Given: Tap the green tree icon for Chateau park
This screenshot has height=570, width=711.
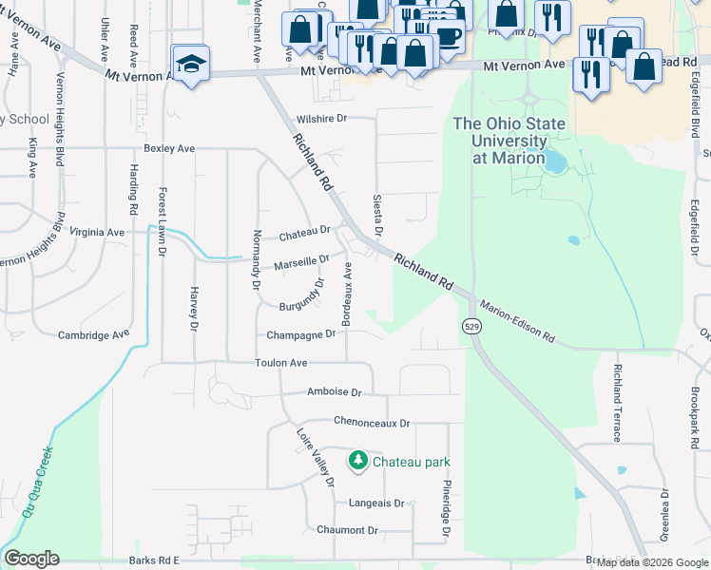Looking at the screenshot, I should tap(358, 461).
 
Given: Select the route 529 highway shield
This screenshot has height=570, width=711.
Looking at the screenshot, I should tap(471, 326).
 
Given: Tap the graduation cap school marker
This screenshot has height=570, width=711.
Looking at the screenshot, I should tap(191, 64).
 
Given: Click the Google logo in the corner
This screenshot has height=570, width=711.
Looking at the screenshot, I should tap(31, 559).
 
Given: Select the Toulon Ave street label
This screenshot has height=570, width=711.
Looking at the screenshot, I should tap(280, 363).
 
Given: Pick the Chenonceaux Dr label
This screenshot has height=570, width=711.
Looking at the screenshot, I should tap(372, 422).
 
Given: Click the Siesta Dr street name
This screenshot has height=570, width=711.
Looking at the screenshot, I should tap(377, 216).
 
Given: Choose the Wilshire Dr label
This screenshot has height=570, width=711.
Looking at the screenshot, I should tap(323, 119).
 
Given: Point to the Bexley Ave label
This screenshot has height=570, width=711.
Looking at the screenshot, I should tap(169, 148).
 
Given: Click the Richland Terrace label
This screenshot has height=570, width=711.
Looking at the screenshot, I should tap(617, 403).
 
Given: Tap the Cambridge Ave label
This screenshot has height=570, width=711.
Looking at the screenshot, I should tap(93, 334).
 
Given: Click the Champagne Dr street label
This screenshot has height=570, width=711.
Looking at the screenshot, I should tap(301, 334).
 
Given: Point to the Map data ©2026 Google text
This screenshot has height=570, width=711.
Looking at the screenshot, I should tap(653, 562).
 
